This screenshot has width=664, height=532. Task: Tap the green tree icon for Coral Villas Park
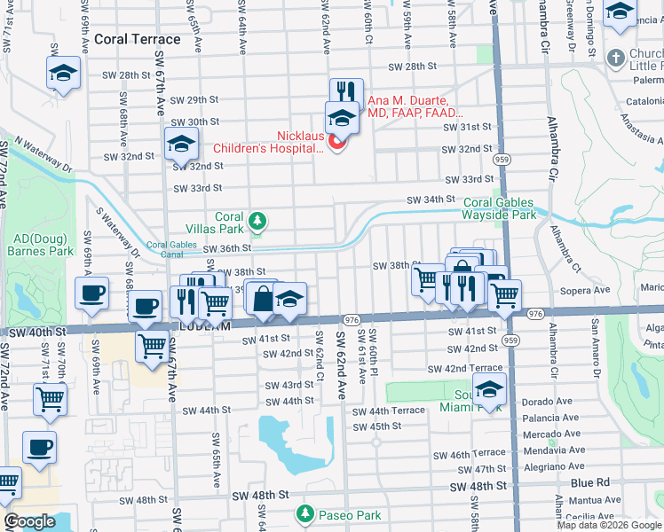coord(257,219)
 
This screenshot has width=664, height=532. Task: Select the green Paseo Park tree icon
coord(304,514)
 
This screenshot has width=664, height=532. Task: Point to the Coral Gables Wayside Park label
coord(499,208)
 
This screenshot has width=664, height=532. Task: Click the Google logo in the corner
coord(29,521)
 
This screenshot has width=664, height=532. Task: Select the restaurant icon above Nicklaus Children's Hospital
coord(346,92)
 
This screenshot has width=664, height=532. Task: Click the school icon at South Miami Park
coord(489,387)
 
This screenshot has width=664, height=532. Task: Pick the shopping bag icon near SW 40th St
coord(264,298)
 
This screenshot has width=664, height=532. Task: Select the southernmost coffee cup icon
coord(40,448)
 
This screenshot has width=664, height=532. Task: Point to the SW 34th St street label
coord(431,200)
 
